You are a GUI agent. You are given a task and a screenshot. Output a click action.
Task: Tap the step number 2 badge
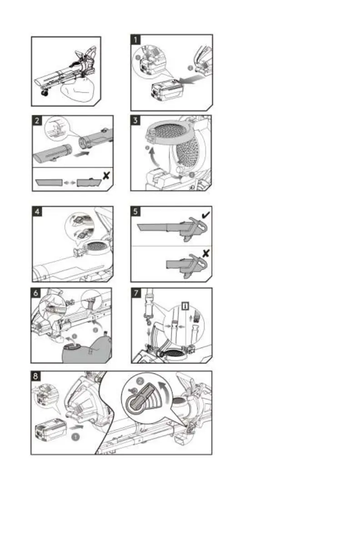pos(37,121)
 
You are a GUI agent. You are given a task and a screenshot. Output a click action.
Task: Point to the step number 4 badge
pos(37,212)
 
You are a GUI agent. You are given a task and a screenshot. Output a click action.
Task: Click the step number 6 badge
pos(37,293)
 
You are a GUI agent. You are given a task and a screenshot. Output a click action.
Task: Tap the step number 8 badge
pos(37,376)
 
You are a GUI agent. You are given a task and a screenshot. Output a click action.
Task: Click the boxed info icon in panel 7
pos(185,305)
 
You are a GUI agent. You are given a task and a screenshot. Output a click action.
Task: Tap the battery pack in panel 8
pos(50,429)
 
